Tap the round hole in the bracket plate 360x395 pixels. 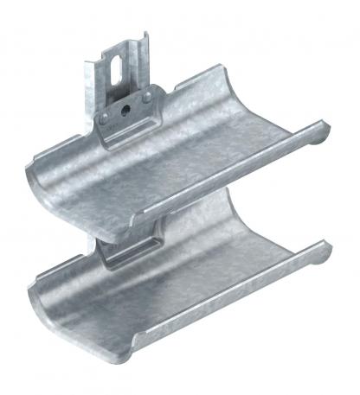(x=125, y=109)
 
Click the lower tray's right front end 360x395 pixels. (x=325, y=262)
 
